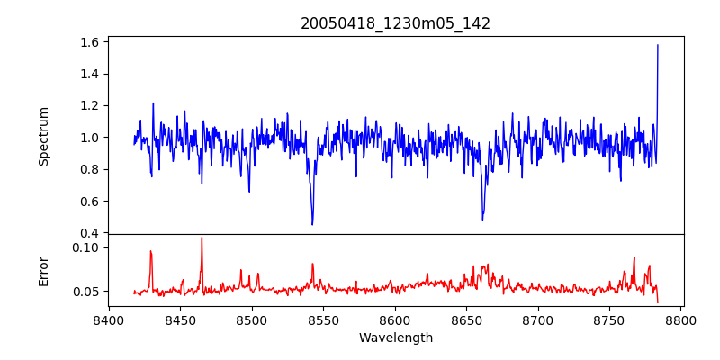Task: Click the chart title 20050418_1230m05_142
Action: pos(395,23)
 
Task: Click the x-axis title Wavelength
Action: pos(395,337)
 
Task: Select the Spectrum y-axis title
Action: pos(44,136)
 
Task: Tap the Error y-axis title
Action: pos(44,270)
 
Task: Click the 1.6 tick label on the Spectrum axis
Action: pos(88,42)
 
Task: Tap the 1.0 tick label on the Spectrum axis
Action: pos(88,138)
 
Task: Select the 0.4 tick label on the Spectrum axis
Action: pos(88,233)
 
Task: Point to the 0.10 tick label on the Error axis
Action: pos(85,247)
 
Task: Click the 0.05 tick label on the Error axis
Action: pos(85,292)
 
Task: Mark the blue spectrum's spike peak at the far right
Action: pos(658,45)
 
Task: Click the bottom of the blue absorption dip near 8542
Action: pos(312,224)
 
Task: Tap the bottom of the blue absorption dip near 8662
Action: pos(482,220)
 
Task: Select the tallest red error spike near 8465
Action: pos(202,238)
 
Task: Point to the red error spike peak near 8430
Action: pos(151,251)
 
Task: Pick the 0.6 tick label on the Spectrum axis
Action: pos(88,202)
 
